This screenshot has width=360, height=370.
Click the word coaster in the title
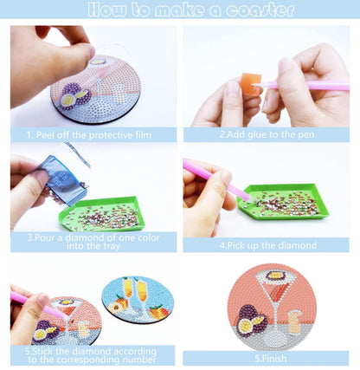click(260, 10)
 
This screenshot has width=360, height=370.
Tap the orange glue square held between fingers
click(251, 84)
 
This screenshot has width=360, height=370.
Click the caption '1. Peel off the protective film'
click(89, 135)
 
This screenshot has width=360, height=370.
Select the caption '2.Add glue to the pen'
click(267, 134)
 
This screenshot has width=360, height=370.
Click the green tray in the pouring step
click(101, 214)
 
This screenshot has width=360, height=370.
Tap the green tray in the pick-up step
click(283, 202)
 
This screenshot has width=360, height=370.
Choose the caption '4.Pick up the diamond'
click(268, 245)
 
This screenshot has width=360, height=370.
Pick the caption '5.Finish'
click(271, 359)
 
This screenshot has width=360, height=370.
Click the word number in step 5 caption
click(139, 360)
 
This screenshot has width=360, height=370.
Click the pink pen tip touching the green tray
click(247, 198)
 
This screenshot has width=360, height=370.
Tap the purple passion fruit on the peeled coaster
click(75, 94)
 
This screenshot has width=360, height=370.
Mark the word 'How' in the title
click(107, 10)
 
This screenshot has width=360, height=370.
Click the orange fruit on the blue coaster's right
click(159, 312)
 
